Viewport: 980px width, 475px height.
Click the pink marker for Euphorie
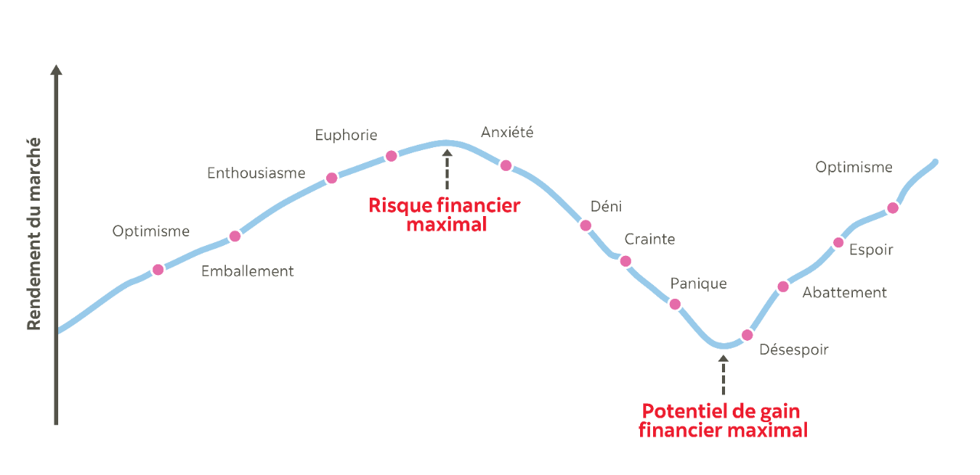391,156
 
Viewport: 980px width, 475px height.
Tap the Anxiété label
507,133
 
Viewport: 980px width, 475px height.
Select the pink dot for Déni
586,225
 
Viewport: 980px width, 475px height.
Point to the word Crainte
649,240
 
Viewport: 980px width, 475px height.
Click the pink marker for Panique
675,304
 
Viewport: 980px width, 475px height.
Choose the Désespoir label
793,350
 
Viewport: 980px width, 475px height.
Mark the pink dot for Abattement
782,287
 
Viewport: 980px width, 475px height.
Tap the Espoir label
871,250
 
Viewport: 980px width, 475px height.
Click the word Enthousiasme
256,174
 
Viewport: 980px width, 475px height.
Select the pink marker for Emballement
235,236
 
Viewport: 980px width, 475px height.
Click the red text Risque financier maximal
444,215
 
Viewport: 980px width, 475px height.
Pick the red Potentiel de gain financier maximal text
723,421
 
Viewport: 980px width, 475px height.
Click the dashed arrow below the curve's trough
723,375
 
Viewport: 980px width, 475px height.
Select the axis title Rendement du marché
34,234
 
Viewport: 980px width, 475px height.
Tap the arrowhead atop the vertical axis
56,70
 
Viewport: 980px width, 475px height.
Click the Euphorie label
346,135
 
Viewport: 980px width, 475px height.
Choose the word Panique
698,283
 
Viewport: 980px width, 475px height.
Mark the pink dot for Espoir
838,244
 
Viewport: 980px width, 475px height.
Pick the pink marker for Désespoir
747,335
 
